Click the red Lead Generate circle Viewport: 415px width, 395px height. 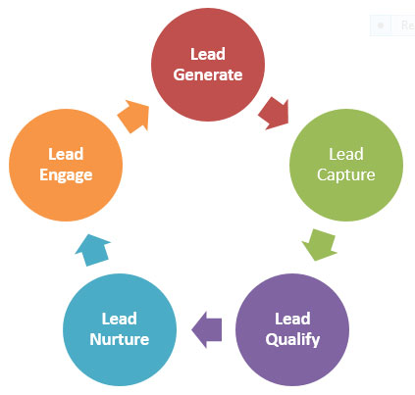(208, 64)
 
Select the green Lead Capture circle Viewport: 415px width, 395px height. (344, 165)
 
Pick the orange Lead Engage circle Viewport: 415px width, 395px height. (65, 165)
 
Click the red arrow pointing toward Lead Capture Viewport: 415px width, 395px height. (273, 113)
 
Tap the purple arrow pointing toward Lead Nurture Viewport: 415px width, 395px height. (207, 328)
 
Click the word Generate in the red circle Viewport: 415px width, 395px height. (208, 75)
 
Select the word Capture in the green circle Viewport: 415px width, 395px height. (344, 176)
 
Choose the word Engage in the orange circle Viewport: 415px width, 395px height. (65, 176)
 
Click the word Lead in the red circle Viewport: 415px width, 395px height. (208, 54)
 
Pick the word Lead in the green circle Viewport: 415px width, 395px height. (344, 155)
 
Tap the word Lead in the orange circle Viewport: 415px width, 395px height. (65, 155)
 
